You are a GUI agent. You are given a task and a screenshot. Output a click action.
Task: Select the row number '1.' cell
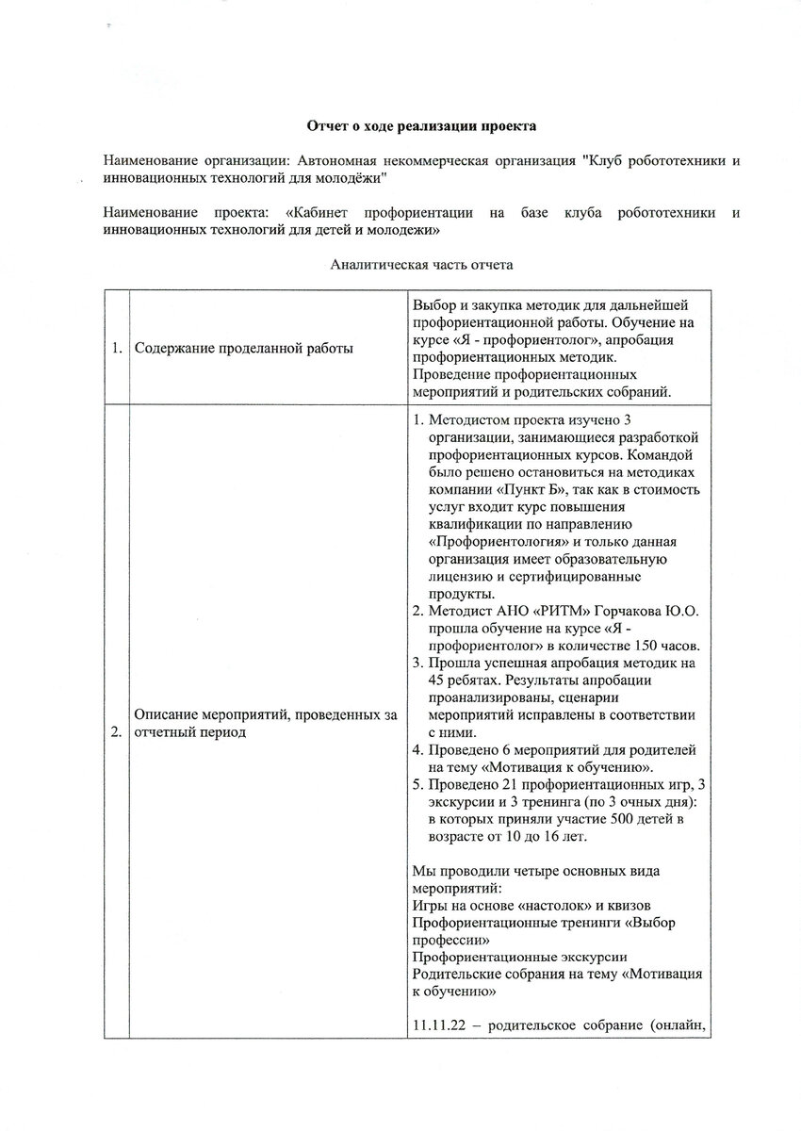pyautogui.click(x=116, y=349)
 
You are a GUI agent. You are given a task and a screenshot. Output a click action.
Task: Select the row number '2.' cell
pyautogui.click(x=116, y=725)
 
